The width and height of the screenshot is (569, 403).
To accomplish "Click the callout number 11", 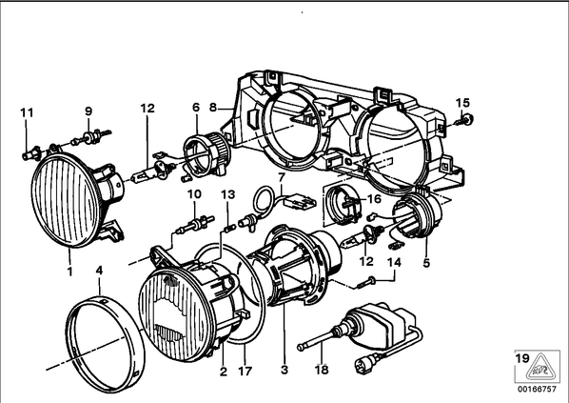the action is pos(27,112).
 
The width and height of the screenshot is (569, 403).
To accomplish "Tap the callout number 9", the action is pos(88,111).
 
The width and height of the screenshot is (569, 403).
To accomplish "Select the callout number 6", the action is pos(196,108).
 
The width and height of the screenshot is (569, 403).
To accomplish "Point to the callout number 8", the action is pos(213,108).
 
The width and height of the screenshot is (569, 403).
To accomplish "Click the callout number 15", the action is pos(462,103).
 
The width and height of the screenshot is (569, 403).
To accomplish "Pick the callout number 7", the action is pos(282,178).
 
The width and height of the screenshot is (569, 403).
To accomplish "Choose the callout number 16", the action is pos(375,199).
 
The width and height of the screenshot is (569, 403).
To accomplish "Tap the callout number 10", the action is pos(194,194).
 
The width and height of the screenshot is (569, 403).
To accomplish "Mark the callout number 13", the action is pos(228,194).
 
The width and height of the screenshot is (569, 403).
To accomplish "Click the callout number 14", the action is pos(395,262).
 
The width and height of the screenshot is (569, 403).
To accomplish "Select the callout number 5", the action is pos(426,263).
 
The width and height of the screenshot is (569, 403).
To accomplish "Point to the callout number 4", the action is pos(99,271).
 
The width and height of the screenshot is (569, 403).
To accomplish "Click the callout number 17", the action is pos(245,372).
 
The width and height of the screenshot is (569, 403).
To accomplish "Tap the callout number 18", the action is pos(322,370).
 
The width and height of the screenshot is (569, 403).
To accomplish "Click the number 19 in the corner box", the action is pos(522,358).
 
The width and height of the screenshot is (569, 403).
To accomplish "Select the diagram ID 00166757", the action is pos(537,390).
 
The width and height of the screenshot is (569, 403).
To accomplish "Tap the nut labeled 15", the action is pos(466,119).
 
